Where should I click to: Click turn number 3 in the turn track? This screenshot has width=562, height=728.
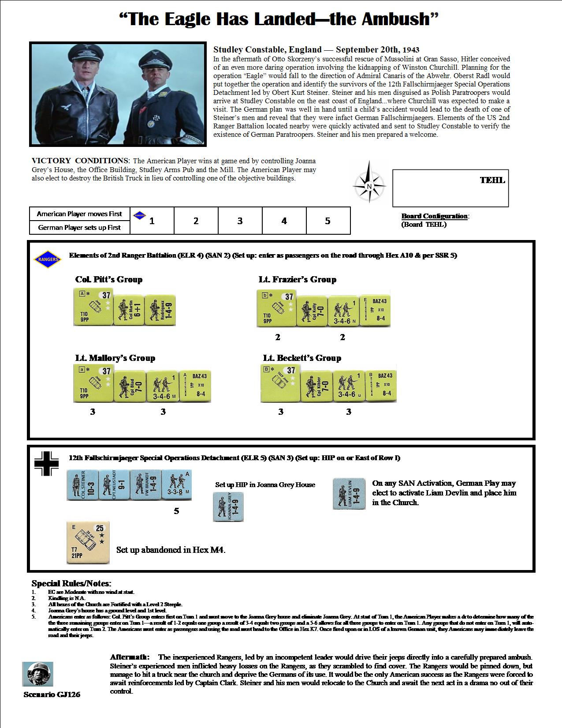pyautogui.click(x=240, y=221)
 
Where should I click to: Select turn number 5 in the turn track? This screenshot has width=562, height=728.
pyautogui.click(x=328, y=221)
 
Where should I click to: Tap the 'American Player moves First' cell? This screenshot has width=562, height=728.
pyautogui.click(x=79, y=214)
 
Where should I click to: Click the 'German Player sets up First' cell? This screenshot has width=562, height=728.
pyautogui.click(x=79, y=228)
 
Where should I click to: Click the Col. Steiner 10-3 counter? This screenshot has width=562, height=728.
pyautogui.click(x=82, y=485)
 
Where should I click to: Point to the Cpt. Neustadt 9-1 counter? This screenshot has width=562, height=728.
pyautogui.click(x=113, y=485)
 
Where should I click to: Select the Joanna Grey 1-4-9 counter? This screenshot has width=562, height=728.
pyautogui.click(x=228, y=507)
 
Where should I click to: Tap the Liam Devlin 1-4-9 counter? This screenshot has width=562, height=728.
pyautogui.click(x=349, y=493)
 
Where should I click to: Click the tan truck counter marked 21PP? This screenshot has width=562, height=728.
pyautogui.click(x=88, y=543)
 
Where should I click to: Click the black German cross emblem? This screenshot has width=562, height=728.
pyautogui.click(x=46, y=464)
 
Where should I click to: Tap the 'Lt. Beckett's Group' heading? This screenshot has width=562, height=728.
pyautogui.click(x=302, y=358)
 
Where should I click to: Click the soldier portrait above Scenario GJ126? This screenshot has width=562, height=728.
pyautogui.click(x=37, y=674)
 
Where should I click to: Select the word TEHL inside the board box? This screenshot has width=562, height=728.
pyautogui.click(x=492, y=180)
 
